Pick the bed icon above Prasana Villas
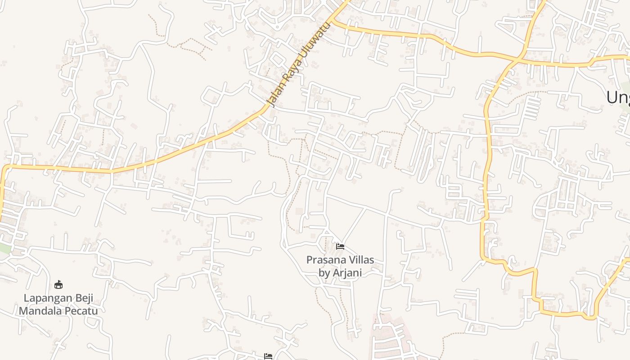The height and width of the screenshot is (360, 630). pos(340,247)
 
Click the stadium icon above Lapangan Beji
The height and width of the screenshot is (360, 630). pos(58,285)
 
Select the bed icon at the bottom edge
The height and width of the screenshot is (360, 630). pos(268,356)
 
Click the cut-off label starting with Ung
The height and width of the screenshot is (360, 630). pos(618,97)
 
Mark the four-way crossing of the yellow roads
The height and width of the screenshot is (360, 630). pos(520,58)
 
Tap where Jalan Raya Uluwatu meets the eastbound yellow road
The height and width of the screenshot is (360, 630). pos(333,21)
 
